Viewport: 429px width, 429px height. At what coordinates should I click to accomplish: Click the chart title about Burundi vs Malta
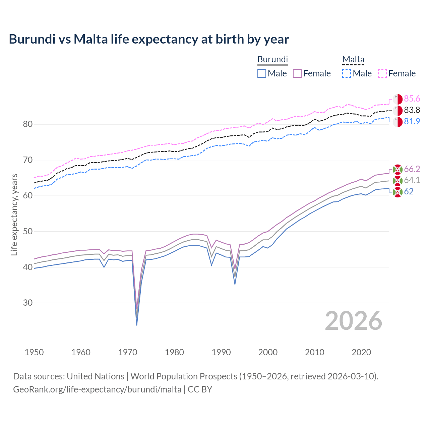point(149,39)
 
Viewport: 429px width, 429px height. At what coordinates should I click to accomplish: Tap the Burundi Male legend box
point(262,73)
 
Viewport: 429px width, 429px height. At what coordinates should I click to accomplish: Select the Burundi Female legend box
point(297,73)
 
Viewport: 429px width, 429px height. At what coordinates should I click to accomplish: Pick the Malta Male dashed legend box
point(347,73)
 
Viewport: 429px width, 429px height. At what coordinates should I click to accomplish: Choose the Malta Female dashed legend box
point(382,73)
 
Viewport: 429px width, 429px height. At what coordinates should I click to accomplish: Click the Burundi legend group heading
point(272,59)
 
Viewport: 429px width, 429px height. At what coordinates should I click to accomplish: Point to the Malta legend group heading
point(353,59)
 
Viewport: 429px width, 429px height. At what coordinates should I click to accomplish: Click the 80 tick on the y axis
point(28,124)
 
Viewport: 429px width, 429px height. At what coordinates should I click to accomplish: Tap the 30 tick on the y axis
point(28,303)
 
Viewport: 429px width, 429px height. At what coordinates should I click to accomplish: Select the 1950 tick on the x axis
point(34,352)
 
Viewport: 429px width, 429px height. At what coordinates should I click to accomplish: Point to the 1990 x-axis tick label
point(221,352)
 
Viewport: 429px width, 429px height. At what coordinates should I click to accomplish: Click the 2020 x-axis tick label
point(361,352)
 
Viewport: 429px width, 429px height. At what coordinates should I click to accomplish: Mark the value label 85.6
point(412,99)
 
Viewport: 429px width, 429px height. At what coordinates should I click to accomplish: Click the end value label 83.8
point(412,110)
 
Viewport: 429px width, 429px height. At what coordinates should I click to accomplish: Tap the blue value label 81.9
point(412,121)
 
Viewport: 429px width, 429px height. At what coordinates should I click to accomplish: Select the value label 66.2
point(412,169)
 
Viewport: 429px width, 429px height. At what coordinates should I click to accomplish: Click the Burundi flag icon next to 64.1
point(397,181)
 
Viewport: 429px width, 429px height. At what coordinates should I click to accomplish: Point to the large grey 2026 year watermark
point(354,321)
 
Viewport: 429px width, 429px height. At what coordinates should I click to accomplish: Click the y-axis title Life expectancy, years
point(14,214)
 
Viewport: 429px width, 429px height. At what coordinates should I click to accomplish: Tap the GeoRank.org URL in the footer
point(97,389)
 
